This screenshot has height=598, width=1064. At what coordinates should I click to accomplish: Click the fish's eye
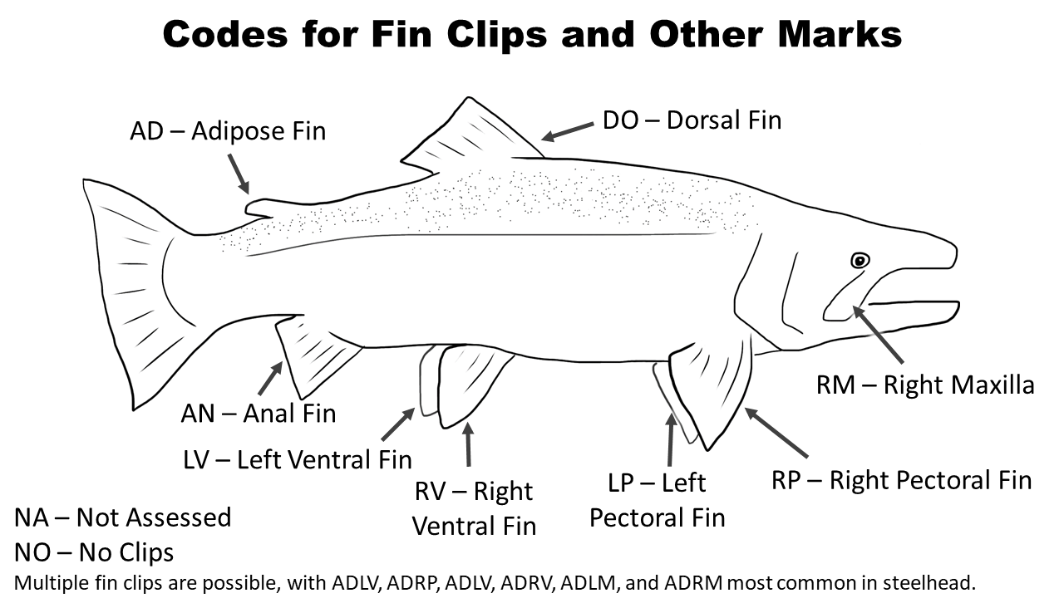[860, 261]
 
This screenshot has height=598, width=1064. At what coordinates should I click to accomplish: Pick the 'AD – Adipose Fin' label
[228, 131]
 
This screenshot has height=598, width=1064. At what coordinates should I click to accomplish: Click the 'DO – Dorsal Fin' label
[692, 120]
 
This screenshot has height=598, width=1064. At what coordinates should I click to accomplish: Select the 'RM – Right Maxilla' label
[925, 385]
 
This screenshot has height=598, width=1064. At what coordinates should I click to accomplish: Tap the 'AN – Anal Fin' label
[259, 413]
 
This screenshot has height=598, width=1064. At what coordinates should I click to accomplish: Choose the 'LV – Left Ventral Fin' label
[298, 458]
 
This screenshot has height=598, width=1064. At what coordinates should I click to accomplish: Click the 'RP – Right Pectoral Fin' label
[902, 480]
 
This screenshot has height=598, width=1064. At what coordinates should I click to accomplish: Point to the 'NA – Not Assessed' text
[123, 517]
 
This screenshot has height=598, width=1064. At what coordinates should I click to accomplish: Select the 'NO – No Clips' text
[94, 551]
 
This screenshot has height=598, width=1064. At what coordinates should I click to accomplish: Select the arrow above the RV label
[468, 444]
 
